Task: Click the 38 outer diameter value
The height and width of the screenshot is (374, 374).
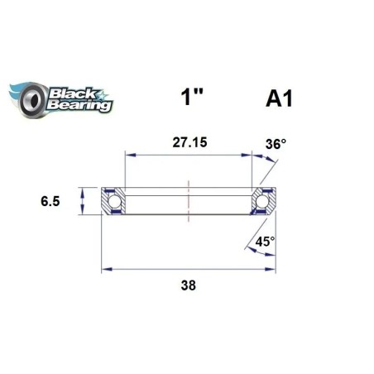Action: pos(189,285)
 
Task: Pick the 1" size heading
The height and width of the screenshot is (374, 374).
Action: pos(192,99)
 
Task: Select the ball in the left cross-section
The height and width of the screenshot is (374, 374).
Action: pos(113,200)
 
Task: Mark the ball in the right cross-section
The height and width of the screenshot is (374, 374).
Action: pos(264,200)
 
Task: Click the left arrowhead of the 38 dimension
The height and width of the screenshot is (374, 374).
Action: pos(105,268)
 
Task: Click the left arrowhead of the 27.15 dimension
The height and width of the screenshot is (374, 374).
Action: pos(127,154)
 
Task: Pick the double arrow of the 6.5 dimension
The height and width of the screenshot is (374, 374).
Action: pos(83,200)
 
